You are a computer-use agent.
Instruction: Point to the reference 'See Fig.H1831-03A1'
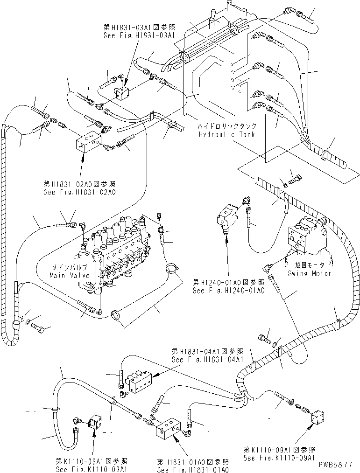(x=139, y=35)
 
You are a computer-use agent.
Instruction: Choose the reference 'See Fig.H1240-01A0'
(x=229, y=290)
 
